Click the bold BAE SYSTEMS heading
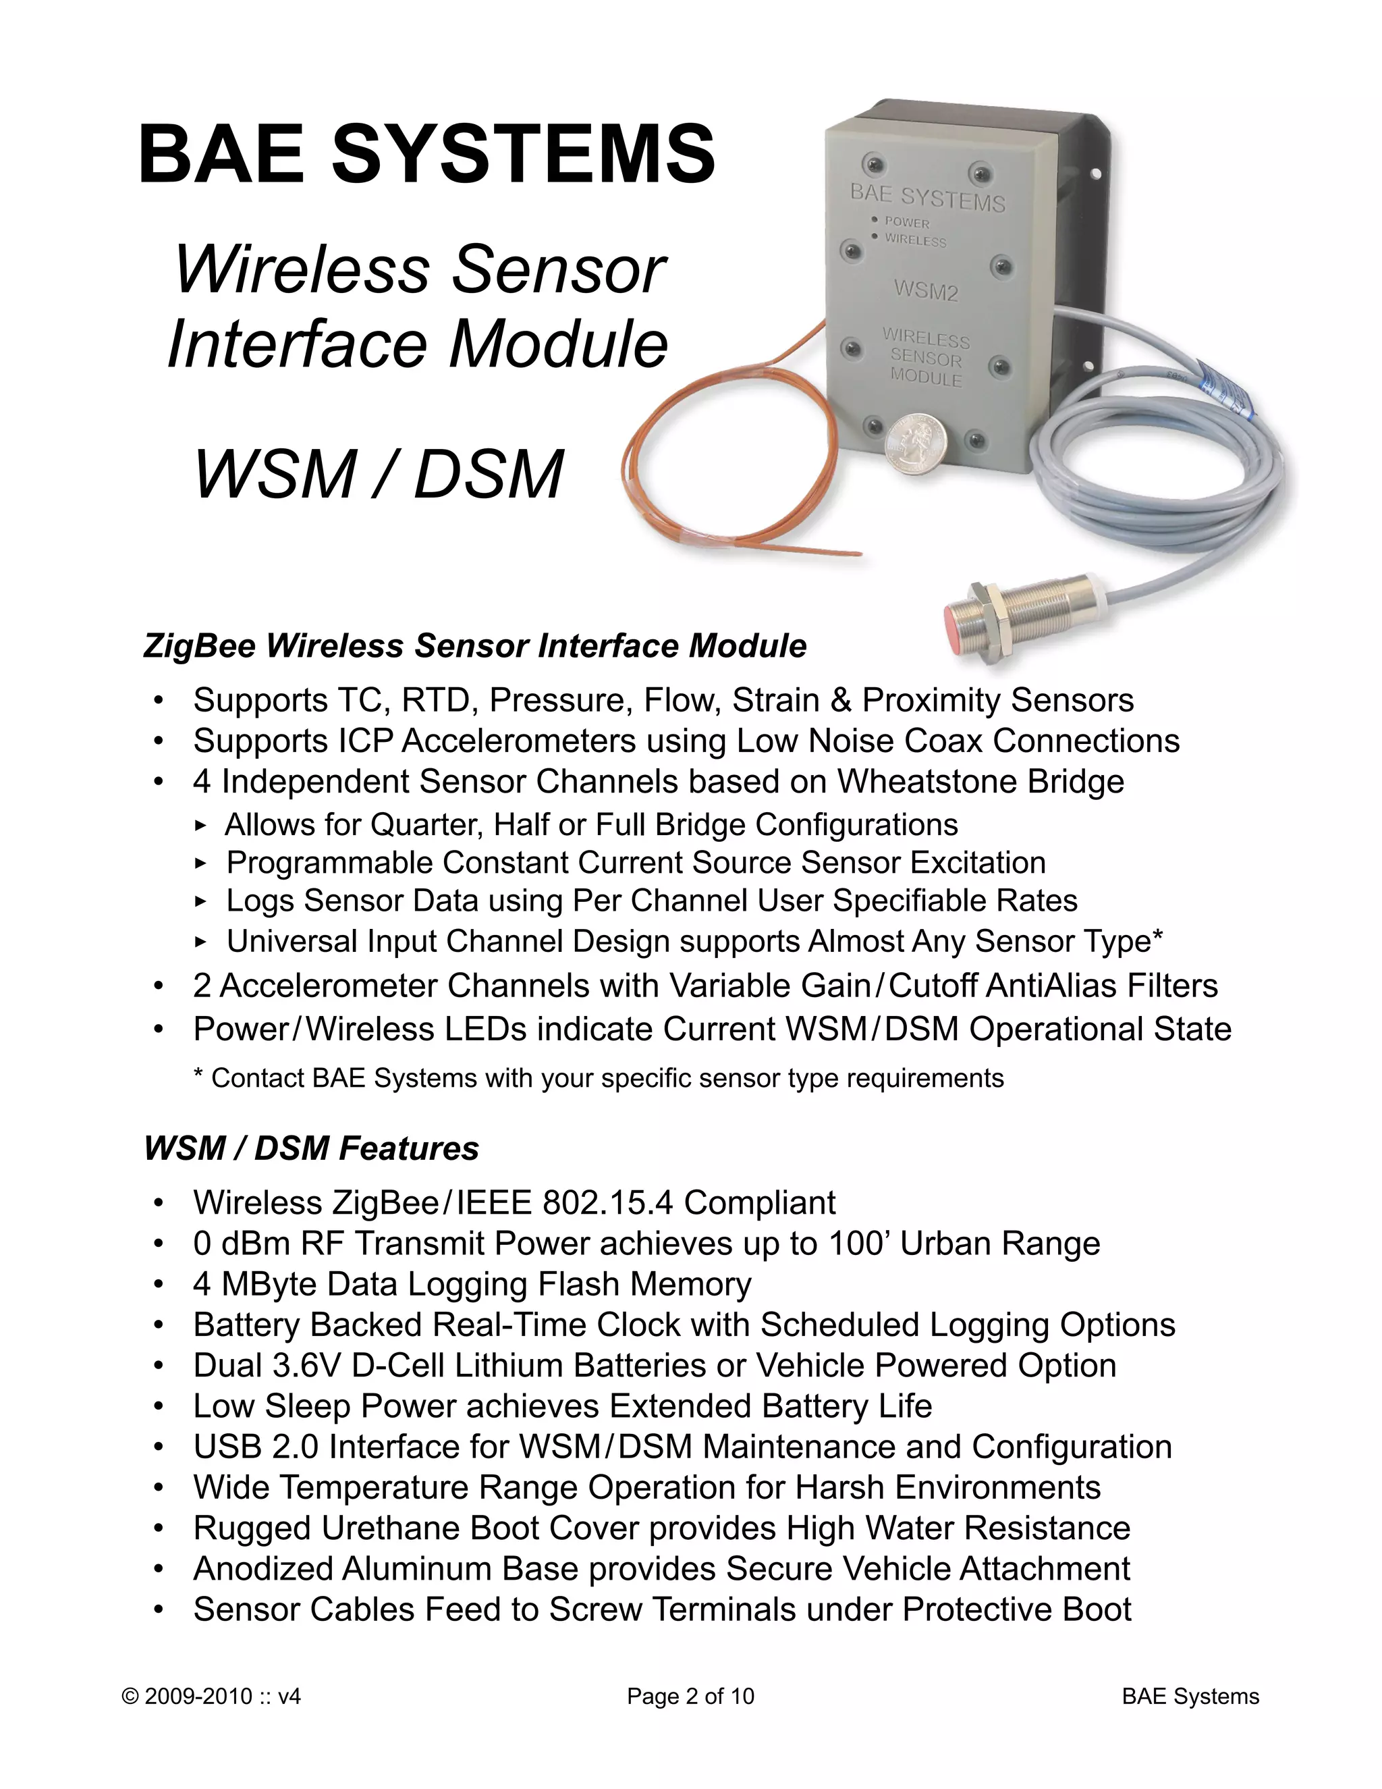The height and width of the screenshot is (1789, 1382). (x=426, y=154)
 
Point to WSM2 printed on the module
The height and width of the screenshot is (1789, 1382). (x=925, y=290)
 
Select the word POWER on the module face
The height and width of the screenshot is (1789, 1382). (x=906, y=222)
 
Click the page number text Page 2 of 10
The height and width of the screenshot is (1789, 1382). (x=690, y=1696)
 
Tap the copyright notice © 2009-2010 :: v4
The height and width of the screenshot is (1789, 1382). (x=211, y=1696)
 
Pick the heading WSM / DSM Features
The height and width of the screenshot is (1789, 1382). (x=311, y=1148)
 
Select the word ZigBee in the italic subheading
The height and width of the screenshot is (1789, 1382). (x=200, y=645)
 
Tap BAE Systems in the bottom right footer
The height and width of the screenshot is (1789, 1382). (x=1190, y=1696)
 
